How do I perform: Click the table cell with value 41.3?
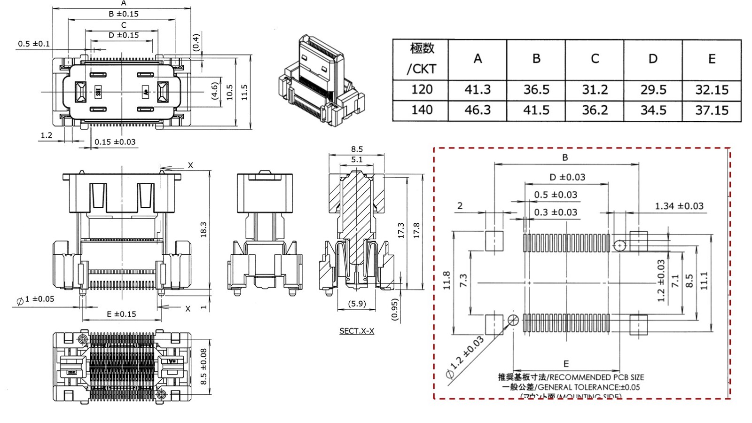477,90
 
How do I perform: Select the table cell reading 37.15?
712,110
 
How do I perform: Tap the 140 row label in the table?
422,110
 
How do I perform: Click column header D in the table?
653,59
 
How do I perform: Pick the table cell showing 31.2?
595,90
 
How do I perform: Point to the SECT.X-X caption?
357,331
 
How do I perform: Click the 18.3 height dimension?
204,229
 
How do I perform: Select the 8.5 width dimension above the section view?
357,149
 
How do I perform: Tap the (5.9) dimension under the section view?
357,304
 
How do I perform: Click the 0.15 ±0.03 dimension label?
115,142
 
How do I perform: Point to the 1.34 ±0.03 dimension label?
679,206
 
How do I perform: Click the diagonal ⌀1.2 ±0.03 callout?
465,358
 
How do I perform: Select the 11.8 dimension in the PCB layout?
446,281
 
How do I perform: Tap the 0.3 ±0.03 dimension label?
556,212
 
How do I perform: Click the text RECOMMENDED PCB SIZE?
596,377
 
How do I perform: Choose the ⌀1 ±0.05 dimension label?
36,299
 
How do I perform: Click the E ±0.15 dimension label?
121,314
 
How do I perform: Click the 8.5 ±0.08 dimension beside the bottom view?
204,366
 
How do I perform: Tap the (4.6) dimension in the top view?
215,91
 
